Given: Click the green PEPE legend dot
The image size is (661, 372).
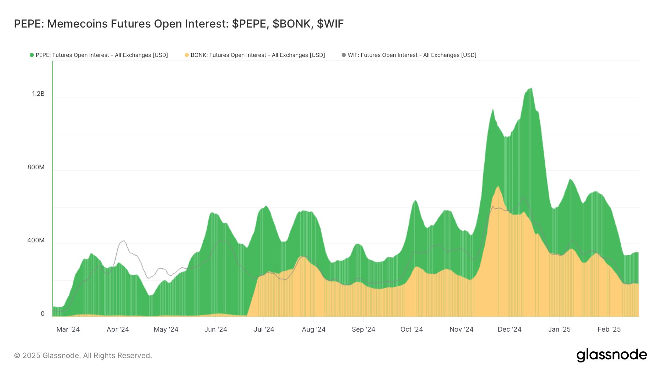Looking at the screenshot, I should (x=32, y=55).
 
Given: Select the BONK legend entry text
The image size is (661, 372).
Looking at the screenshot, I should (x=257, y=55).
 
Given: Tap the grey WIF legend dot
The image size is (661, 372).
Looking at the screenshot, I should (x=344, y=55).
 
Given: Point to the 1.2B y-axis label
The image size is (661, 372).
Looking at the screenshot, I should (x=38, y=94).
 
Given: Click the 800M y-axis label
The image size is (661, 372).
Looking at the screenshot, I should (x=36, y=167).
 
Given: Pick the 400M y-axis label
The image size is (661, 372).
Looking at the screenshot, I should (x=36, y=241).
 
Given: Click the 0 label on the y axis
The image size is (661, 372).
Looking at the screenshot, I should (x=43, y=314).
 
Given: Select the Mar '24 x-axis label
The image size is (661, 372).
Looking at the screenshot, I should (x=68, y=329).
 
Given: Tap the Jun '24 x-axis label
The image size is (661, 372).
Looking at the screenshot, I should (x=216, y=329).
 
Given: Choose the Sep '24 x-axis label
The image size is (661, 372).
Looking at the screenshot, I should (x=363, y=329).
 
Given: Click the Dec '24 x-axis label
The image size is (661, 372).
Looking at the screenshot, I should (x=509, y=329).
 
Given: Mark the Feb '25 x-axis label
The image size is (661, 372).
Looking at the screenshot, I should (x=609, y=329).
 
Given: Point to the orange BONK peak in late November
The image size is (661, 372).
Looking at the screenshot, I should (x=498, y=187).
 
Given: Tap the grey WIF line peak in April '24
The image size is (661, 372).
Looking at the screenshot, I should (x=124, y=241).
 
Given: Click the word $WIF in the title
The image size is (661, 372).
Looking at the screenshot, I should (x=330, y=24).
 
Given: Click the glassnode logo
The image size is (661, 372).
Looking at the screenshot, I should (x=611, y=355).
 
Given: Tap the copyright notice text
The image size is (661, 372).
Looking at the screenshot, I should (x=83, y=355).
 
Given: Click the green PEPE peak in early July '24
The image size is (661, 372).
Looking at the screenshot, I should (x=266, y=206).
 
